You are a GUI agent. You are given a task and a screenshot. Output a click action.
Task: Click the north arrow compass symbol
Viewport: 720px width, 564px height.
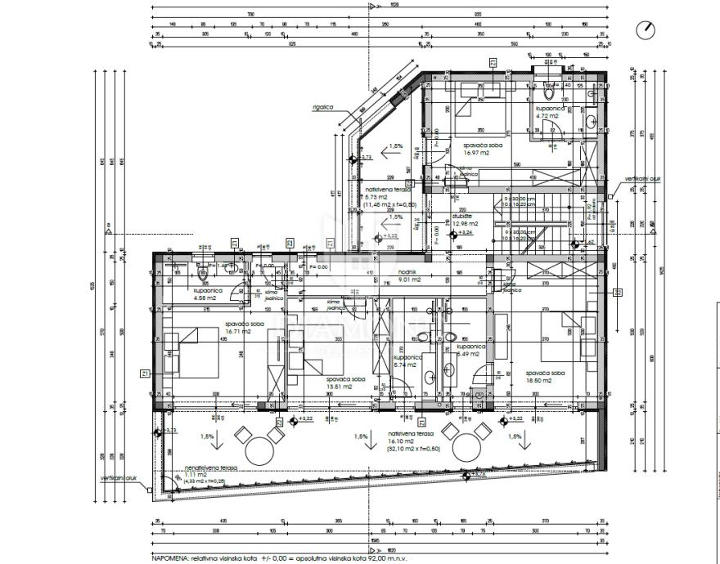(646, 29)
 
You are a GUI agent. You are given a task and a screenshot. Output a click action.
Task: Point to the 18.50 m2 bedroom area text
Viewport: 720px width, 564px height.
(547, 377)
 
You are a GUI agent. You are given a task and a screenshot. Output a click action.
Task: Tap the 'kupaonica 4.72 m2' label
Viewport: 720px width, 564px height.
(548, 112)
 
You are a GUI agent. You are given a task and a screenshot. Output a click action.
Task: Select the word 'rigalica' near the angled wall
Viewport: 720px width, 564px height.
(322, 107)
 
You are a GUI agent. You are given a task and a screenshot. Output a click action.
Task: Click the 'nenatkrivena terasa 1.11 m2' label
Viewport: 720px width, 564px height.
(210, 472)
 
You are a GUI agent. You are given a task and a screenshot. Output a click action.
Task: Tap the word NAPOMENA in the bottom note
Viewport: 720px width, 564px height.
(169, 556)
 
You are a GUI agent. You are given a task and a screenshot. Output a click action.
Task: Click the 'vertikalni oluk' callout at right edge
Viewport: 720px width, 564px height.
(642, 179)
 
